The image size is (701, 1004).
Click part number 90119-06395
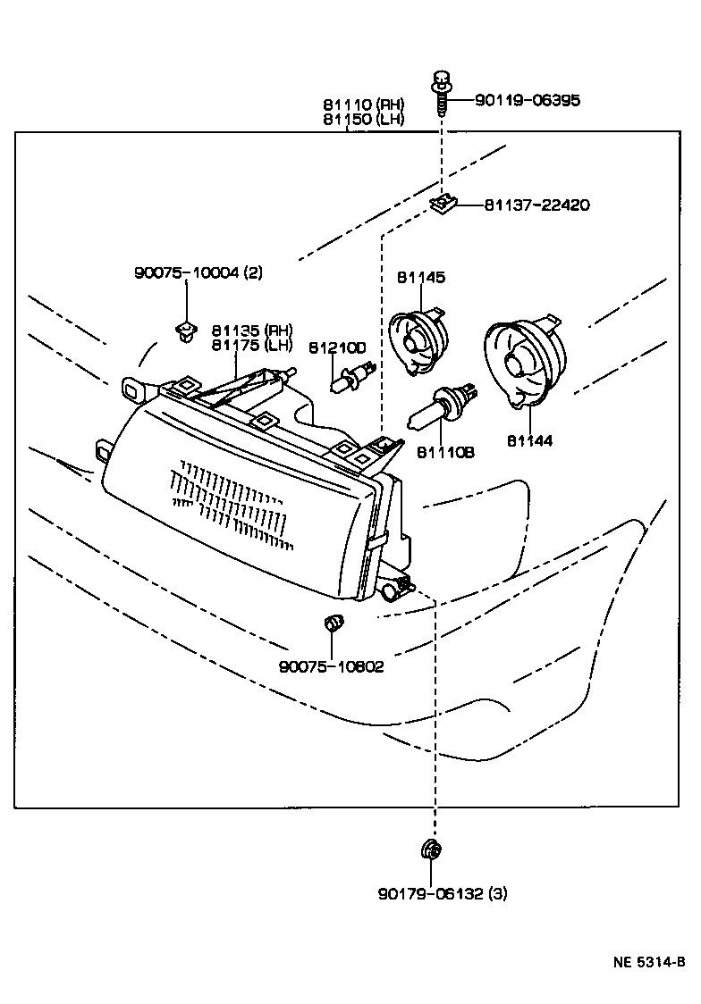528,100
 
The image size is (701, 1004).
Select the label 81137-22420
536,205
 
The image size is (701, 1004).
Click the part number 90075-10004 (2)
198,273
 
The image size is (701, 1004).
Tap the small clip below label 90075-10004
185,331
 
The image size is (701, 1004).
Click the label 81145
421,278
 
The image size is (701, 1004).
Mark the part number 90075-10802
331,666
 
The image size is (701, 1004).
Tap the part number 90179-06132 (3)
442,893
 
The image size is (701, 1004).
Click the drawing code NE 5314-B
649,962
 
